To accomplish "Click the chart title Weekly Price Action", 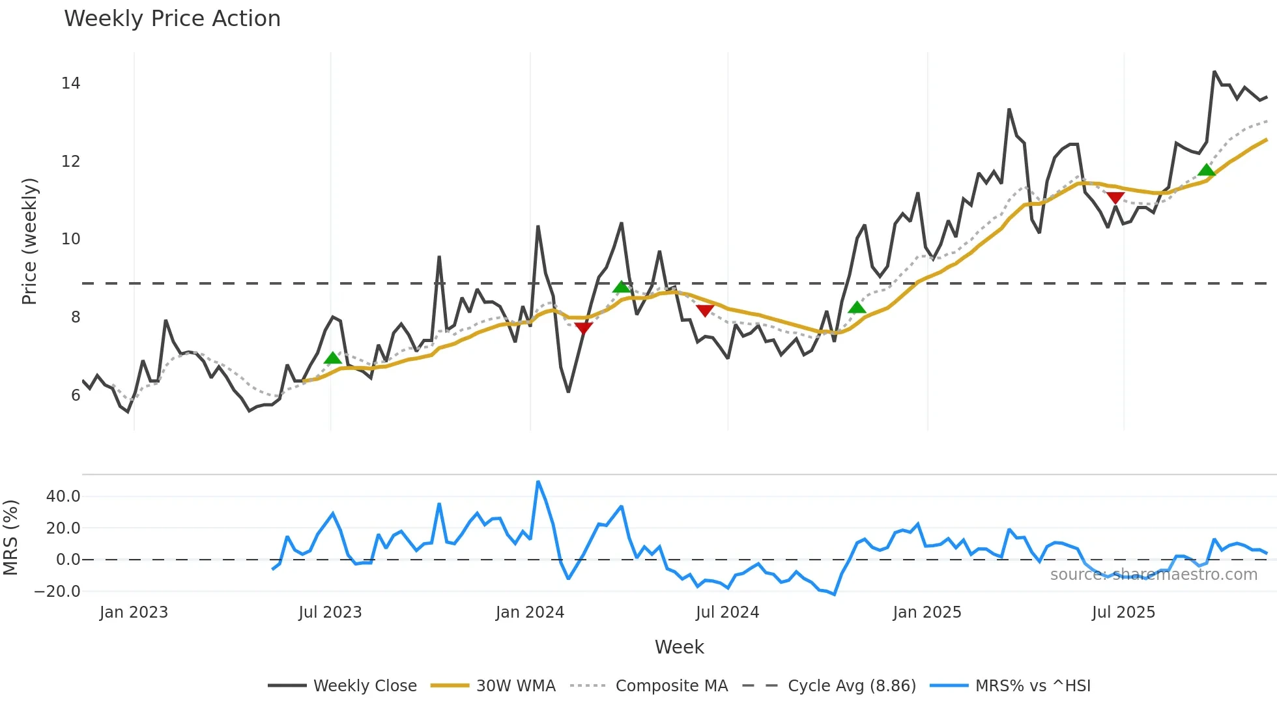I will pyautogui.click(x=172, y=18).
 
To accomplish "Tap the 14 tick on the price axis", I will pyautogui.click(x=70, y=83).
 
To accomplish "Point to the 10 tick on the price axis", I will pyautogui.click(x=70, y=239).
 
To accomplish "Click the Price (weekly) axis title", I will pyautogui.click(x=29, y=241).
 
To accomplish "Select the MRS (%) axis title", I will pyautogui.click(x=10, y=538).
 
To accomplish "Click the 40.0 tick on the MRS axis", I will pyautogui.click(x=63, y=496).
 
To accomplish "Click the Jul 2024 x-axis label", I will pyautogui.click(x=727, y=612).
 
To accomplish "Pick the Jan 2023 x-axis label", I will pyautogui.click(x=134, y=612).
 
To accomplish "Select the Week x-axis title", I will pyautogui.click(x=679, y=647).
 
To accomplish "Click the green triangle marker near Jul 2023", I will pyautogui.click(x=333, y=358).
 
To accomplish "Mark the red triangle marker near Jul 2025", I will pyautogui.click(x=1115, y=197).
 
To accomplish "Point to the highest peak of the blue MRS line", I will pyautogui.click(x=538, y=482).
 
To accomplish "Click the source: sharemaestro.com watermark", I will pyautogui.click(x=1153, y=575).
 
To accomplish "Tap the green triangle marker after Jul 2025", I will pyautogui.click(x=1207, y=170).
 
